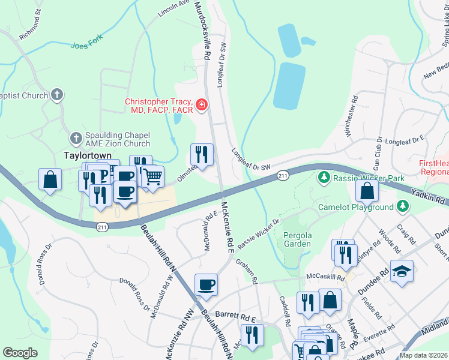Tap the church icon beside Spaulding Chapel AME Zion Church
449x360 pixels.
[76, 139]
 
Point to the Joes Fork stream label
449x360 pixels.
[87, 41]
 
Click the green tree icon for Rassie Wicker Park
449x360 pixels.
[324, 178]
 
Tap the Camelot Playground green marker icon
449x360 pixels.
[403, 207]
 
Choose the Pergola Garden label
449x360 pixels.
[297, 239]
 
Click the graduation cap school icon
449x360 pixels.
[402, 272]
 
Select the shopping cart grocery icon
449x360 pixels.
[153, 177]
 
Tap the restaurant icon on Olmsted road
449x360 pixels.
[202, 155]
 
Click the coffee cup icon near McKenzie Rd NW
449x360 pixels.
[206, 285]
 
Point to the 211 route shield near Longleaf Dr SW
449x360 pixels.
[283, 175]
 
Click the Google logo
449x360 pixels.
[20, 353]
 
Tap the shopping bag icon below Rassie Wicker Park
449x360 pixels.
[367, 191]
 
